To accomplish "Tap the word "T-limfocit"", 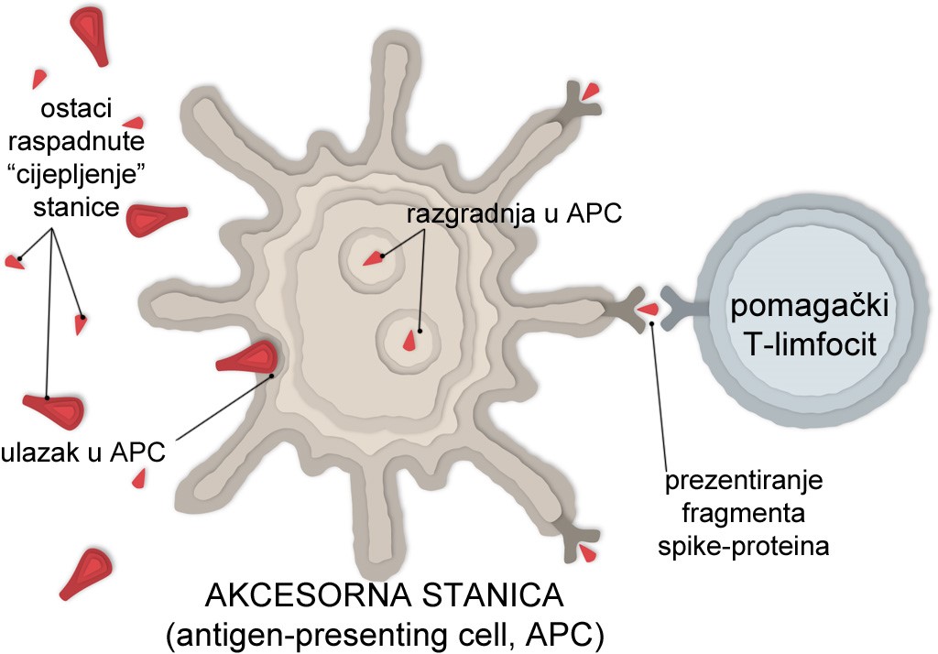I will (x=798, y=344).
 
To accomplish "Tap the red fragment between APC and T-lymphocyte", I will (x=648, y=310).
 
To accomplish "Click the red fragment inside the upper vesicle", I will (x=373, y=259).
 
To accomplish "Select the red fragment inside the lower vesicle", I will (x=409, y=341).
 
